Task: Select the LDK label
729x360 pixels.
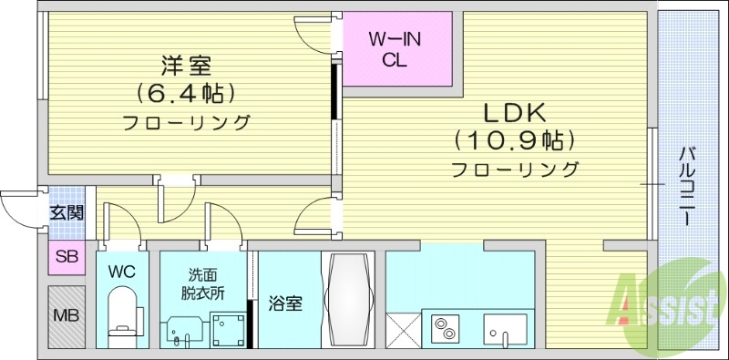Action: pyautogui.click(x=514, y=113)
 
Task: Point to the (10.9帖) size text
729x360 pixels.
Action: pyautogui.click(x=515, y=140)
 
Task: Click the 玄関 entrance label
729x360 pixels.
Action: pyautogui.click(x=67, y=213)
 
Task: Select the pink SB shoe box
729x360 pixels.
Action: pyautogui.click(x=67, y=257)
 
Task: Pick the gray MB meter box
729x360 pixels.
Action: pyautogui.click(x=67, y=317)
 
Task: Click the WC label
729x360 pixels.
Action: pyautogui.click(x=120, y=272)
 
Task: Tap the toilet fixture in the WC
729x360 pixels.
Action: pyautogui.click(x=121, y=314)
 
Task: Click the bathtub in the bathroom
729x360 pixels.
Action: pyautogui.click(x=349, y=299)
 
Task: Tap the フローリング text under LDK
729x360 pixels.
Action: pyautogui.click(x=515, y=169)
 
